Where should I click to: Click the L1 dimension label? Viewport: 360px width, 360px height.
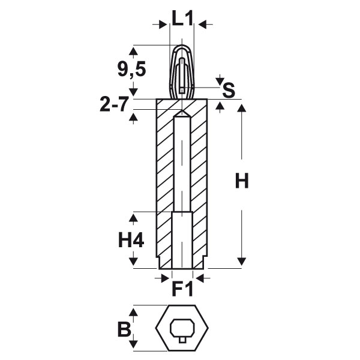182,18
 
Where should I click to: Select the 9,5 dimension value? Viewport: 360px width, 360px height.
131,70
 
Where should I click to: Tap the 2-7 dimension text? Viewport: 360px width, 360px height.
113,104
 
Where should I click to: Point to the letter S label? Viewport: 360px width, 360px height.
229,90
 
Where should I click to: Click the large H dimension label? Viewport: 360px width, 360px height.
242,181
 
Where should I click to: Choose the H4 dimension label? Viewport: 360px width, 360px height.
131,240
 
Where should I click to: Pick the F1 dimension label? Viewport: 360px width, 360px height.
182,289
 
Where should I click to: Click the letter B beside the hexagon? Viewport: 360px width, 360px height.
124,329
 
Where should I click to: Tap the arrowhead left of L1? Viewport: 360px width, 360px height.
163,24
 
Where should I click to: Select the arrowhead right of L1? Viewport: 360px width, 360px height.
203,24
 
